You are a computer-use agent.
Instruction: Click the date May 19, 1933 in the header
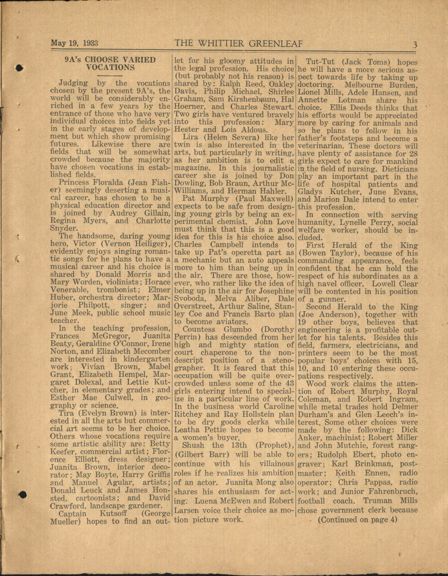[x=74, y=43]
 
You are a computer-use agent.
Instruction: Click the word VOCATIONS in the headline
[x=110, y=67]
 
